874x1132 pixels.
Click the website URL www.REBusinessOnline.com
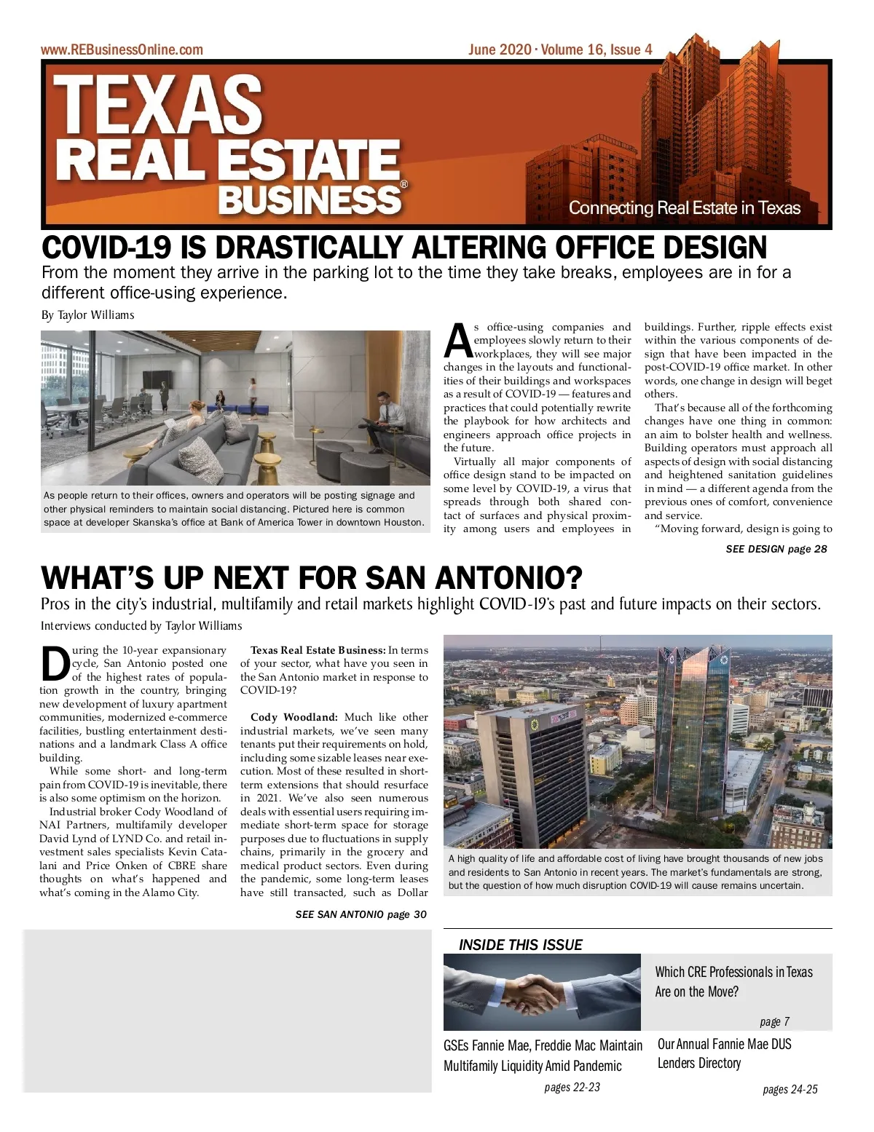pyautogui.click(x=122, y=50)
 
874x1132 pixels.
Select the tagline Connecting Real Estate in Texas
pyautogui.click(x=684, y=208)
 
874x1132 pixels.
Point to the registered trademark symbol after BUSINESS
pyautogui.click(x=404, y=185)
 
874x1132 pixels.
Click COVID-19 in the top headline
pyautogui.click(x=107, y=248)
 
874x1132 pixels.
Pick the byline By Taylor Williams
pyautogui.click(x=87, y=315)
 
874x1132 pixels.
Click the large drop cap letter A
pyautogui.click(x=457, y=341)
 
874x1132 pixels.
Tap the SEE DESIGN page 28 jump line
pyautogui.click(x=776, y=549)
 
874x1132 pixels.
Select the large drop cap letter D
pyautogui.click(x=55, y=664)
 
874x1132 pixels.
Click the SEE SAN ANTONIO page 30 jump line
pyautogui.click(x=361, y=914)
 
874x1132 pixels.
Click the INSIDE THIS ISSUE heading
pyautogui.click(x=520, y=945)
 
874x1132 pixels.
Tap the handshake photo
pyautogui.click(x=541, y=992)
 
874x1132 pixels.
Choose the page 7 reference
pyautogui.click(x=774, y=1021)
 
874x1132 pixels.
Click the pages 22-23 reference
pyautogui.click(x=572, y=1087)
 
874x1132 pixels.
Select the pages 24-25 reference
pyautogui.click(x=790, y=1089)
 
